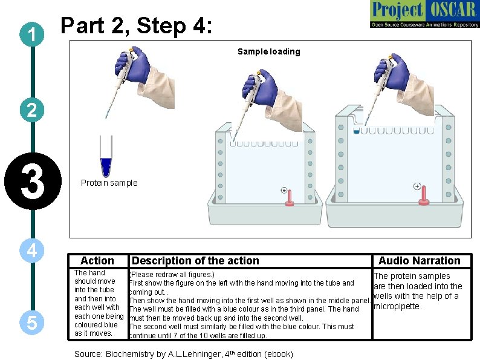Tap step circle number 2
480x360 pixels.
point(31,110)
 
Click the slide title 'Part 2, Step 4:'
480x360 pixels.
point(137,26)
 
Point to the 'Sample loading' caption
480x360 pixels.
point(268,51)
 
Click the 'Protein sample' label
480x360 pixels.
point(109,183)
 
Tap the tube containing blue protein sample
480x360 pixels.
point(107,158)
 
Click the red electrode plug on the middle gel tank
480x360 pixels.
point(290,198)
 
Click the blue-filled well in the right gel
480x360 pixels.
point(357,130)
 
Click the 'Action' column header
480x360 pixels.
point(97,261)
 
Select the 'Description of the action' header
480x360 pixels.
point(195,261)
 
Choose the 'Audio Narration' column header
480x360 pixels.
point(419,261)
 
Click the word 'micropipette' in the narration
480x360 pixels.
point(397,306)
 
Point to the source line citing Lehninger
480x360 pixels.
point(183,354)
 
